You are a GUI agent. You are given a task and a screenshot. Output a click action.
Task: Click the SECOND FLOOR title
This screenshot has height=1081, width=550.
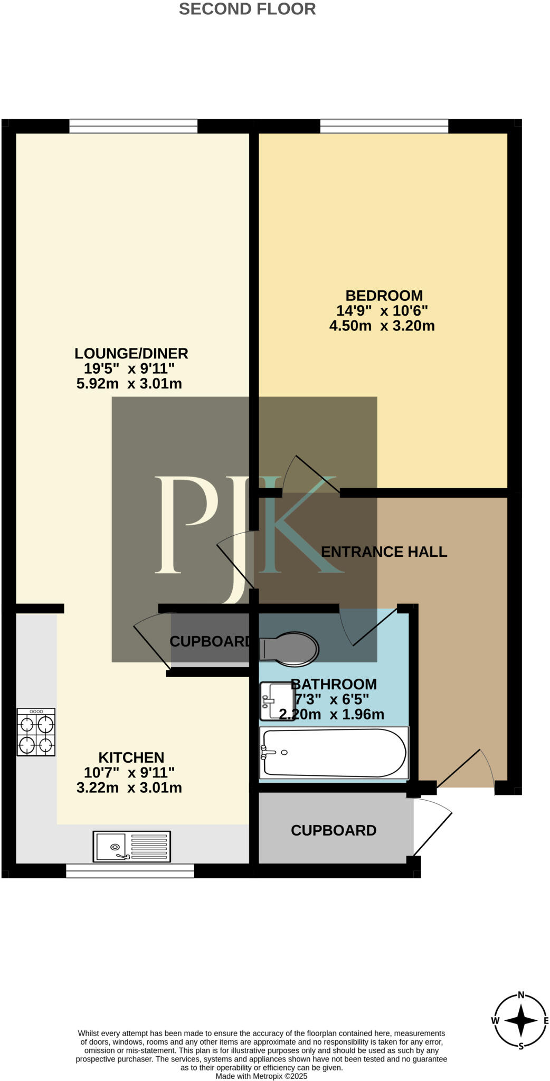[247, 9]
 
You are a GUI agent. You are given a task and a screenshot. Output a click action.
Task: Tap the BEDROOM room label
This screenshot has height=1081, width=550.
[384, 296]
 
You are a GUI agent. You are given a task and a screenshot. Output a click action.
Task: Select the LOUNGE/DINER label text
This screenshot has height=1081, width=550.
[131, 353]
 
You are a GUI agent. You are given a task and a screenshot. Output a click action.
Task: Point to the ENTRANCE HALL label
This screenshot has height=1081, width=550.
[384, 552]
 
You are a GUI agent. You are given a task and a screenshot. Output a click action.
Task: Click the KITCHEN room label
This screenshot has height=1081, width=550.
[131, 757]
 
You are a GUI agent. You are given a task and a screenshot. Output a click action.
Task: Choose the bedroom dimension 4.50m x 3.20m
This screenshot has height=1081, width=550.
[382, 326]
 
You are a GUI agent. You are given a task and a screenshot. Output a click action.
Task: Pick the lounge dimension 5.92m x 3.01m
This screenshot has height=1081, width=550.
[129, 384]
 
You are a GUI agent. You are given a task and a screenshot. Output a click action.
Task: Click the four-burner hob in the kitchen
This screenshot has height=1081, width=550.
[36, 732]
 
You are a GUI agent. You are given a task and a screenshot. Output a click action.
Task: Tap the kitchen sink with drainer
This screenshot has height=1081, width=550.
[132, 847]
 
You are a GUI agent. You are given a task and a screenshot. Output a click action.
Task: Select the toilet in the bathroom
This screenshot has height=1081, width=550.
[289, 647]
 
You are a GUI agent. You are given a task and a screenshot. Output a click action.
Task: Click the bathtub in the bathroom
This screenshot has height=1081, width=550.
[334, 753]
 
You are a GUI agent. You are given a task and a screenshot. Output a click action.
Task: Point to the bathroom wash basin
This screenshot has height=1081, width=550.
[275, 701]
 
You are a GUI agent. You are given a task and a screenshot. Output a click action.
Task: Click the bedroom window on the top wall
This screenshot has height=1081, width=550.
[384, 126]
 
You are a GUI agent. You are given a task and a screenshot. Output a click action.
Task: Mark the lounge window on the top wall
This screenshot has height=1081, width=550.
[133, 126]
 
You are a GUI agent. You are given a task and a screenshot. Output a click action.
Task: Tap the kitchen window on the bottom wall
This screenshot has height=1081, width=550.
[130, 870]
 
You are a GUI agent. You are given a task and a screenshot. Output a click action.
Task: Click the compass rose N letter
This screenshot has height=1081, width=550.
[521, 995]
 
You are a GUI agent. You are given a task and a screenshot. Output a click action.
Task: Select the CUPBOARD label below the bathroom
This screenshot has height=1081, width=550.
[334, 830]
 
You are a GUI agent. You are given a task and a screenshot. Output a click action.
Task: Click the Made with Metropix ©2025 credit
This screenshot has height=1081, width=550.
[261, 1076]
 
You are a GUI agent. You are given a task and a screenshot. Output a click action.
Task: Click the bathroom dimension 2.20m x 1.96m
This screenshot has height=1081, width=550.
[331, 715]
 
